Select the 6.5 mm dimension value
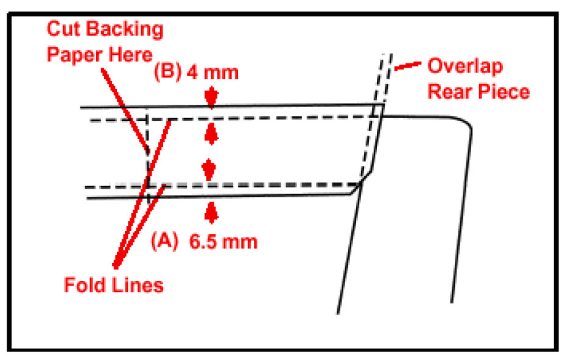222,242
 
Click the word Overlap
466,66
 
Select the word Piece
503,92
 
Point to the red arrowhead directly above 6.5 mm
211,212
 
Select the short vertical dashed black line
148,152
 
